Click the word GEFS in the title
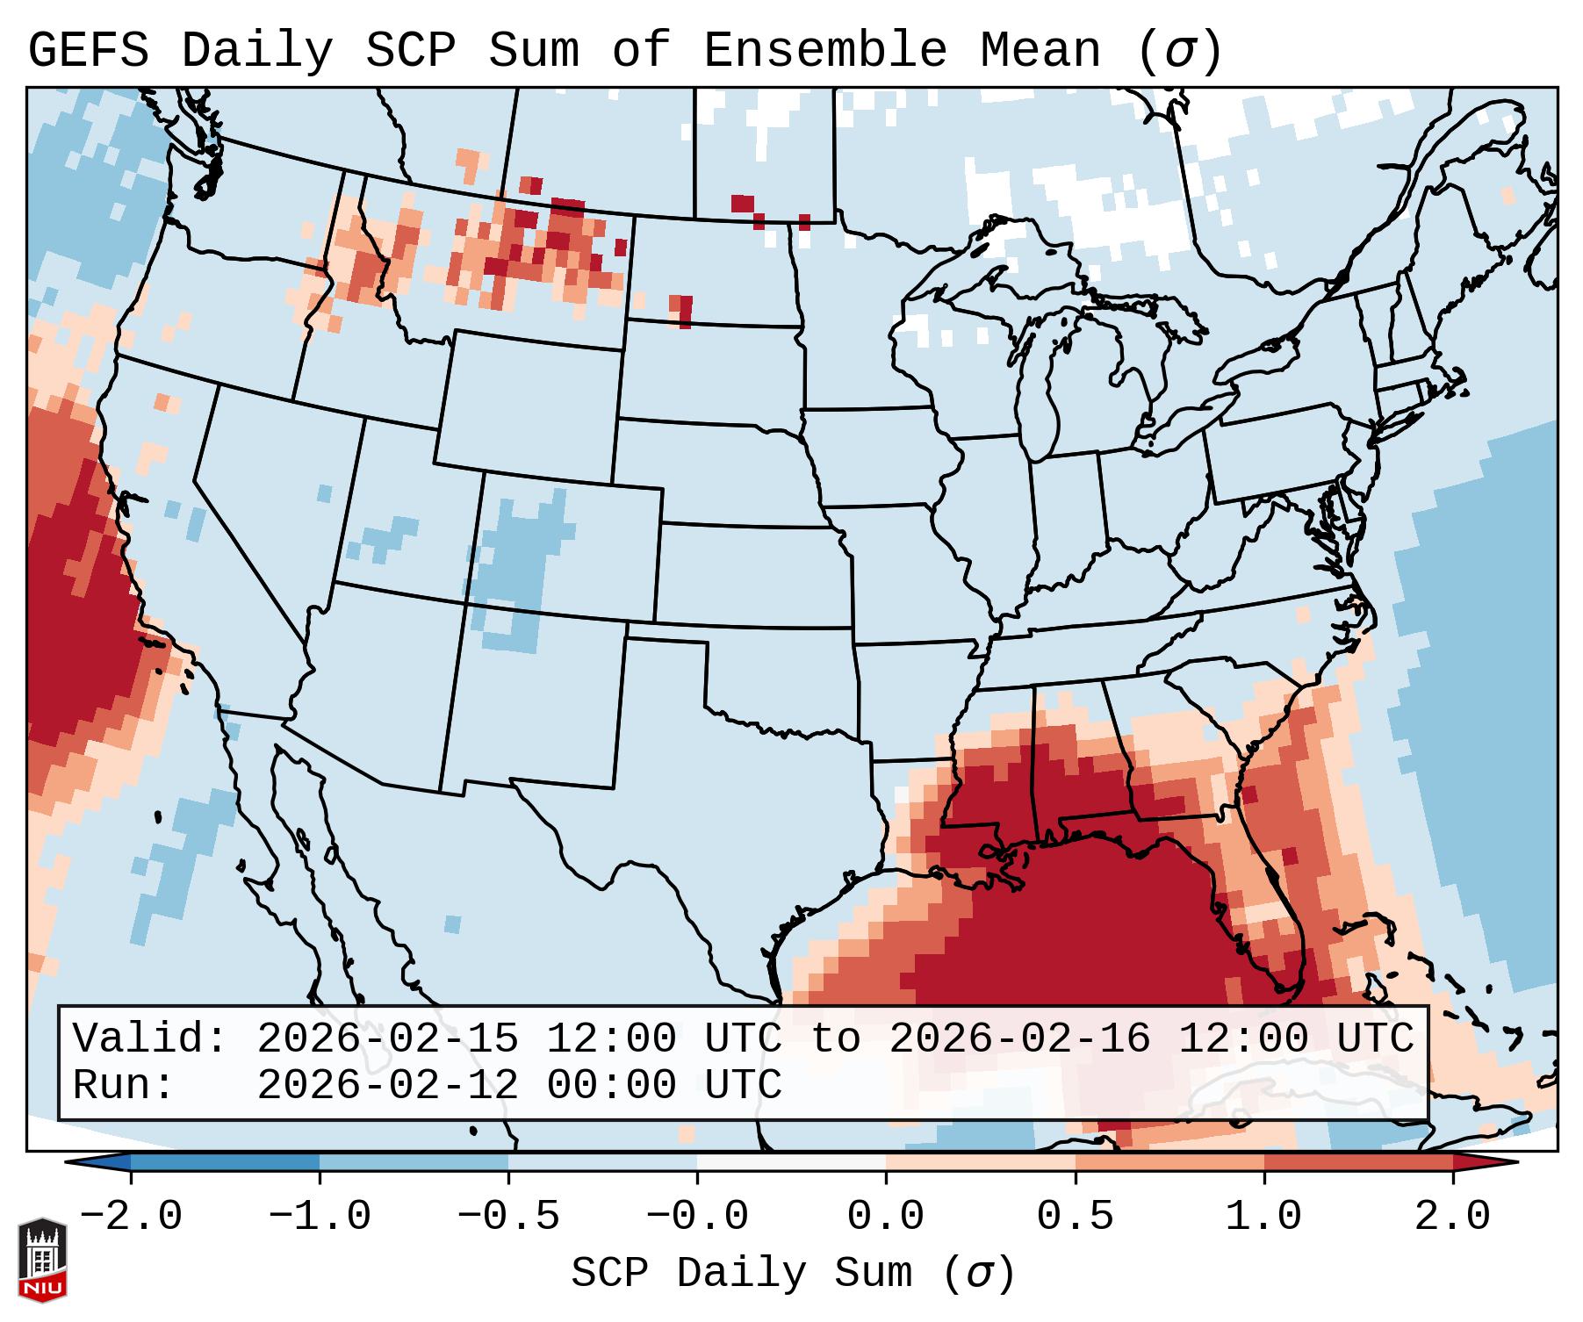tap(88, 50)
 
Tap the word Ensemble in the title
tap(825, 50)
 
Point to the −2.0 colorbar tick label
tap(131, 1217)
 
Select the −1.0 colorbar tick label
tap(320, 1217)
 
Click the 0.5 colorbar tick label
tap(1076, 1217)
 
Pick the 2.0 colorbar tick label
tap(1453, 1217)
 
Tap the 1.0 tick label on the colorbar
tap(1264, 1217)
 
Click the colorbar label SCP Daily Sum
tap(742, 1274)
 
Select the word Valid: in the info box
tap(150, 1038)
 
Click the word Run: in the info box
tap(124, 1085)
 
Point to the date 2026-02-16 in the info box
tap(1019, 1038)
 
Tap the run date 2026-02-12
tap(387, 1085)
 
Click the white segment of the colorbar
tap(791, 1162)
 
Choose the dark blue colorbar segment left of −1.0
tap(225, 1162)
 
